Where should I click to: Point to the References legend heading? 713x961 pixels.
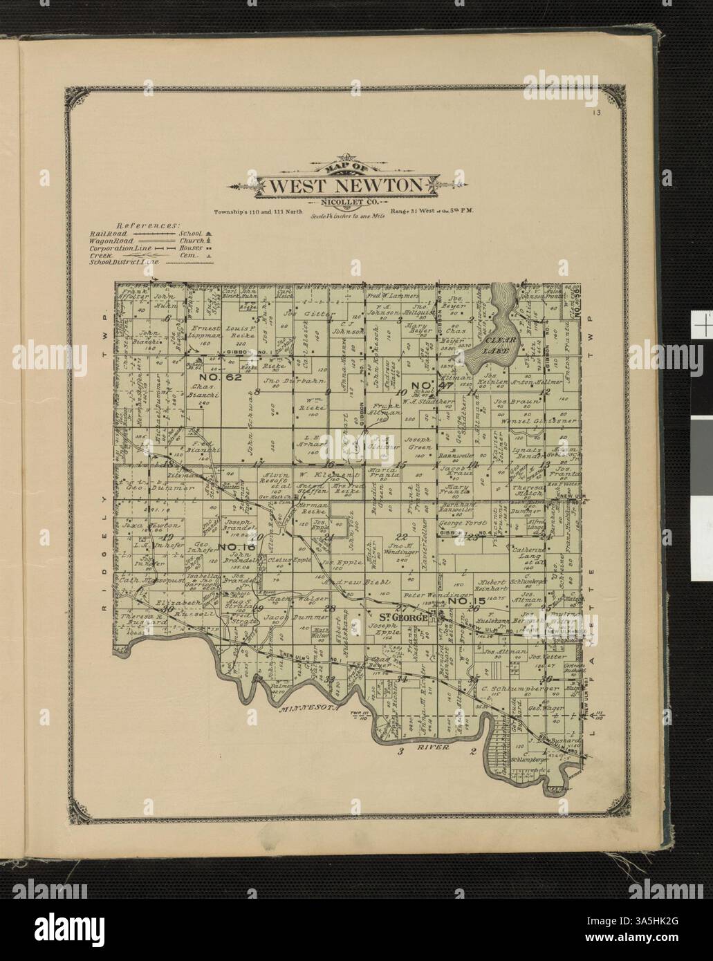pyautogui.click(x=147, y=225)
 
